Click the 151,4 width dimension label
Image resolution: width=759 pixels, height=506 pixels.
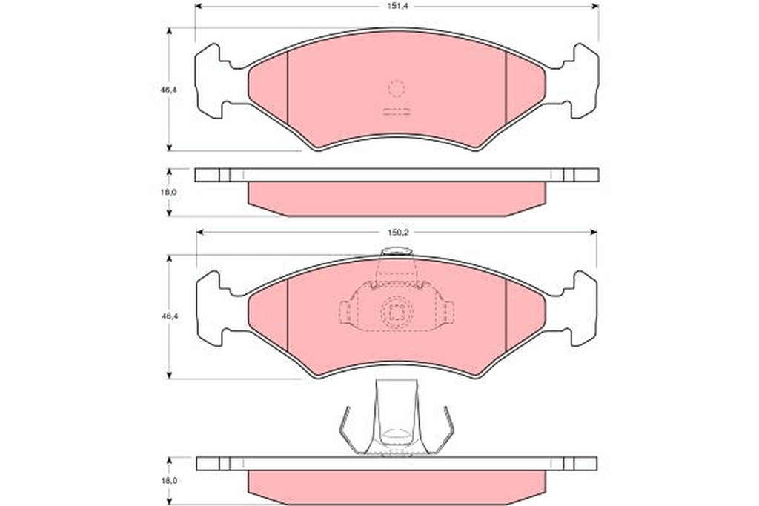pos(397,6)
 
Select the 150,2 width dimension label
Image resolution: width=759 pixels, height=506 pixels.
pos(399,233)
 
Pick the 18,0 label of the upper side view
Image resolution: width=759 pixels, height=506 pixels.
pos(169,192)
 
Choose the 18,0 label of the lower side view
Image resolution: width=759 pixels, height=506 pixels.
pos(169,481)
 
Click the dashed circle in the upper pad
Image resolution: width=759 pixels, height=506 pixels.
pos(396,88)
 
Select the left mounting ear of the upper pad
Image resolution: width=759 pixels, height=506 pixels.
pos(213,81)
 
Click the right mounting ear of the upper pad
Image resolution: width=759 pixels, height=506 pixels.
pos(580,81)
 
